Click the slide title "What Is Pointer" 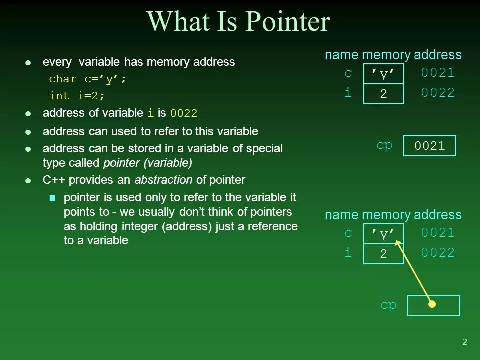pyautogui.click(x=238, y=22)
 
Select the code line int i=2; pyautogui.click(x=77, y=95)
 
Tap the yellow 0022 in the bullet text pyautogui.click(x=183, y=113)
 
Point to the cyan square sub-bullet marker pyautogui.click(x=53, y=198)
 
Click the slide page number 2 pyautogui.click(x=464, y=342)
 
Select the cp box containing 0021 pyautogui.click(x=429, y=146)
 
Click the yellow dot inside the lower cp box pyautogui.click(x=432, y=304)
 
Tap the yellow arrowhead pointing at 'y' pyautogui.click(x=398, y=243)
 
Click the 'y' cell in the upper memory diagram pyautogui.click(x=383, y=74)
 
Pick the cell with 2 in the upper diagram pyautogui.click(x=383, y=94)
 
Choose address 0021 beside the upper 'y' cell pyautogui.click(x=437, y=73)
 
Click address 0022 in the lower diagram pyautogui.click(x=437, y=253)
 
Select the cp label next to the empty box pyautogui.click(x=388, y=305)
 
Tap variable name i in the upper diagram pyautogui.click(x=348, y=93)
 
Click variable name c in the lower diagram pyautogui.click(x=348, y=233)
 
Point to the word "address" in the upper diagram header pyautogui.click(x=437, y=55)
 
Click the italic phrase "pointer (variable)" pyautogui.click(x=147, y=163)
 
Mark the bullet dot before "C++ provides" pyautogui.click(x=28, y=180)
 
